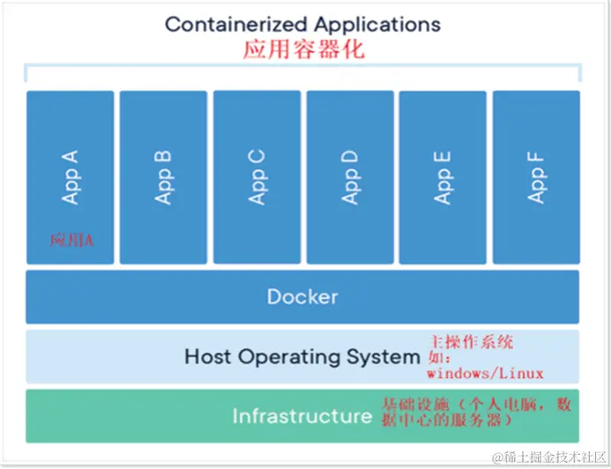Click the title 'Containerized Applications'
point(302,24)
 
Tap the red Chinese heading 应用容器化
point(303,49)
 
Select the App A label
point(71,177)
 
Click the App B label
point(164,177)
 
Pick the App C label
point(257,177)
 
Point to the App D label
point(351,177)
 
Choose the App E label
point(443,177)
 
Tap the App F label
point(537,177)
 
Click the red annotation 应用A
point(71,240)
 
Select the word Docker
point(302,296)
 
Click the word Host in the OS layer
point(207,357)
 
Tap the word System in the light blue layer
point(388,357)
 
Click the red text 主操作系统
point(471,340)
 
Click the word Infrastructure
point(302,415)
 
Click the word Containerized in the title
point(235,24)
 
